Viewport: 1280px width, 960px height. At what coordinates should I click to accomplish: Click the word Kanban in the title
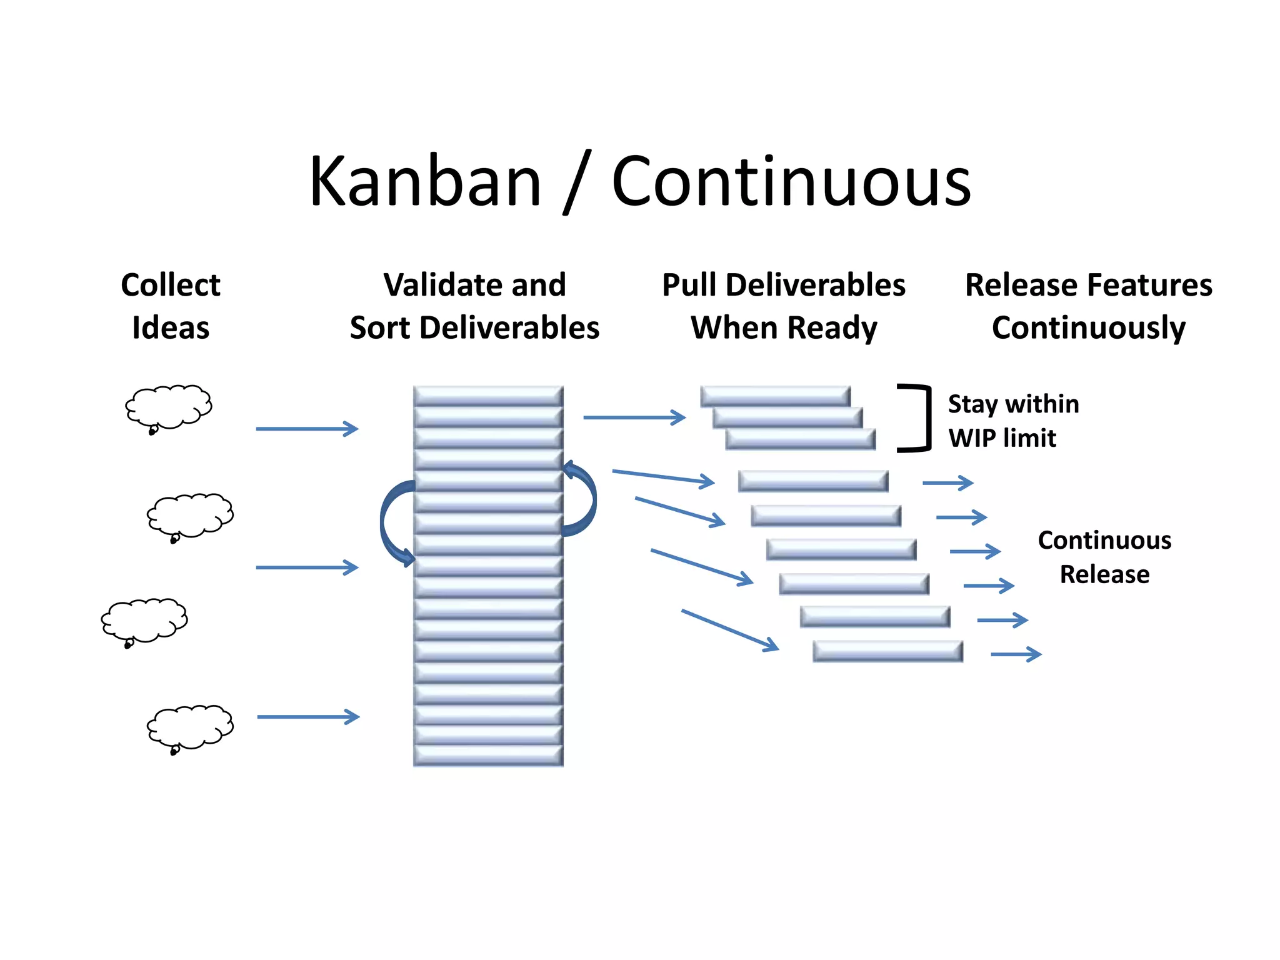(425, 182)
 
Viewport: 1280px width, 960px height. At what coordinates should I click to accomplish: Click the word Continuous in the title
(791, 182)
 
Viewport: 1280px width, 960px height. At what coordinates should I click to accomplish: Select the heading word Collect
(170, 285)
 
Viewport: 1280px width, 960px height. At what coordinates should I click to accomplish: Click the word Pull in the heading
(689, 285)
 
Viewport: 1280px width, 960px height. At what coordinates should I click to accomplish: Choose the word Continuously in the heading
(1088, 328)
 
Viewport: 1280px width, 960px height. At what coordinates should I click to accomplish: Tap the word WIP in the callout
(971, 438)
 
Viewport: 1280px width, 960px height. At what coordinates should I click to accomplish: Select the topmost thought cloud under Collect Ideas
(169, 407)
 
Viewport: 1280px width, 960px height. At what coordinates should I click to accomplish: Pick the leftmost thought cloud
(144, 621)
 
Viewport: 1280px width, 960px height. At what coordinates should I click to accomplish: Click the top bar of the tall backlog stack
(488, 396)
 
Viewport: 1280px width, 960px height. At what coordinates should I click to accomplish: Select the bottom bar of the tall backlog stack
(488, 755)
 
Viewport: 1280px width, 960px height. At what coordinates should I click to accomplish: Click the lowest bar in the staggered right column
(887, 651)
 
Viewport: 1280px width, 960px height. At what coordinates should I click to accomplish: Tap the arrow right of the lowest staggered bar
(1016, 654)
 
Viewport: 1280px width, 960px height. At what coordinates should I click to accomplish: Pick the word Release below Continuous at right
(1104, 574)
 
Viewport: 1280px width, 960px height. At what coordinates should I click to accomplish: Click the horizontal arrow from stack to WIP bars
(634, 417)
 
